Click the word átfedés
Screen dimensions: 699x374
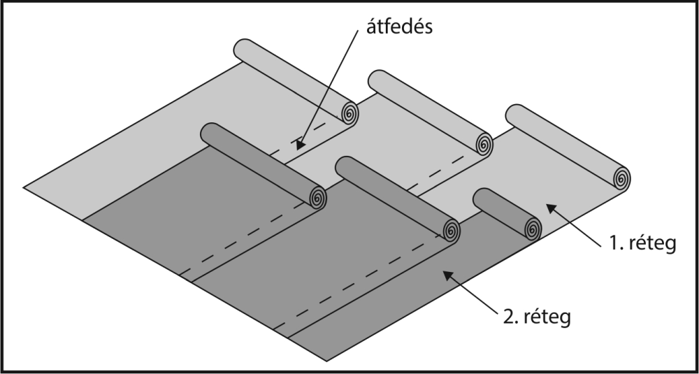[x=399, y=27]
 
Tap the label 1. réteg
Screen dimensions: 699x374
[x=642, y=243]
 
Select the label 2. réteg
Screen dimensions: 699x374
[x=537, y=317]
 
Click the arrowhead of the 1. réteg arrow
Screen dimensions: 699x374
[x=552, y=208]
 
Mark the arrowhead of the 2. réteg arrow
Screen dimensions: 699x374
[x=448, y=275]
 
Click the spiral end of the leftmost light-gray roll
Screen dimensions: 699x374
[x=350, y=113]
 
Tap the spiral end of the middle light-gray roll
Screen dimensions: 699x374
[x=484, y=145]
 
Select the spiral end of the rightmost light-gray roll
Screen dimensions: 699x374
[x=621, y=179]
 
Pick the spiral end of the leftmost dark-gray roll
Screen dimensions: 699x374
[x=318, y=197]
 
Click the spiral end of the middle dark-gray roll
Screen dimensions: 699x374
[x=451, y=231]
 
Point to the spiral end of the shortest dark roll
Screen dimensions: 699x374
[x=533, y=229]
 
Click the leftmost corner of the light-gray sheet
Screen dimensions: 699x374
[x=24, y=187]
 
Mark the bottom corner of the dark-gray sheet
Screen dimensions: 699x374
[x=326, y=361]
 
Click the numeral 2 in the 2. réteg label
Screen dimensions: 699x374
[x=508, y=316]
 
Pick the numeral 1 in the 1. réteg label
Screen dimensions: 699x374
[x=614, y=243]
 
